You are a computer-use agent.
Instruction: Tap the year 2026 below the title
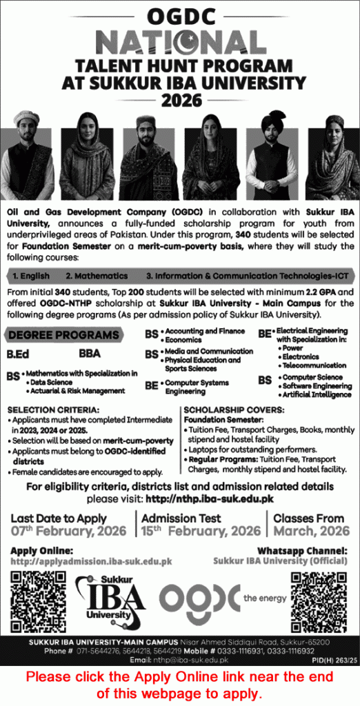point(180,100)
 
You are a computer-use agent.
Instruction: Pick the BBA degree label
point(90,354)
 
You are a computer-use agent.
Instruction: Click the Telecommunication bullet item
point(312,365)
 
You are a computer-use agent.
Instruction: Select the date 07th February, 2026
point(69,532)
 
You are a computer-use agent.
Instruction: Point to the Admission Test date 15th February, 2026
point(201,532)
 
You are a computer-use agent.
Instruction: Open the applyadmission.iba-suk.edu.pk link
point(92,561)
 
